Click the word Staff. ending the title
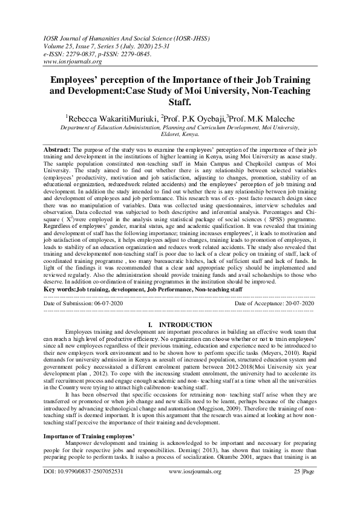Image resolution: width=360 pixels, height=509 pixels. pyautogui.click(x=180, y=104)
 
